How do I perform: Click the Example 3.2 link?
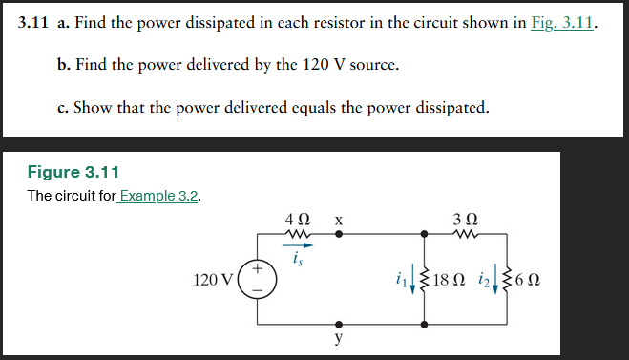click(x=159, y=196)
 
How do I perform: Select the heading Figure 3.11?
click(x=73, y=173)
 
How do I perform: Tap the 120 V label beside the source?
click(x=212, y=280)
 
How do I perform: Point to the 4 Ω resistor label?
click(x=296, y=221)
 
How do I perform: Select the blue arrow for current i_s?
click(x=300, y=244)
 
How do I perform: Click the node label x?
click(x=338, y=221)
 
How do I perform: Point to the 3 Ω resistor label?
click(x=465, y=221)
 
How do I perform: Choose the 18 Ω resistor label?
click(x=450, y=280)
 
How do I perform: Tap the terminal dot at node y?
click(x=338, y=324)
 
